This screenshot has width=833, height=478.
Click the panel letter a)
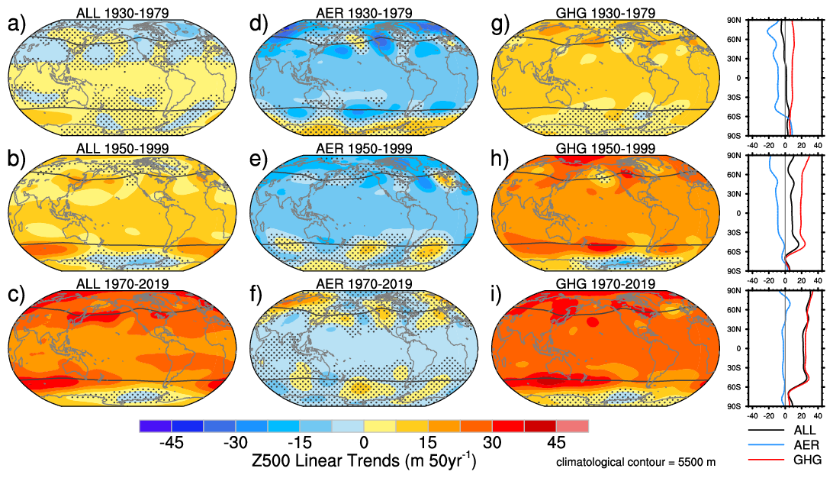click(x=16, y=24)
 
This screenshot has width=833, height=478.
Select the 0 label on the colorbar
click(x=364, y=444)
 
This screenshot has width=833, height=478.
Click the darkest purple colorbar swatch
click(x=155, y=425)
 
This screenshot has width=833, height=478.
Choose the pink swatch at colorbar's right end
click(x=572, y=425)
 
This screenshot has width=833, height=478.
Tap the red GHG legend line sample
click(x=763, y=460)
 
